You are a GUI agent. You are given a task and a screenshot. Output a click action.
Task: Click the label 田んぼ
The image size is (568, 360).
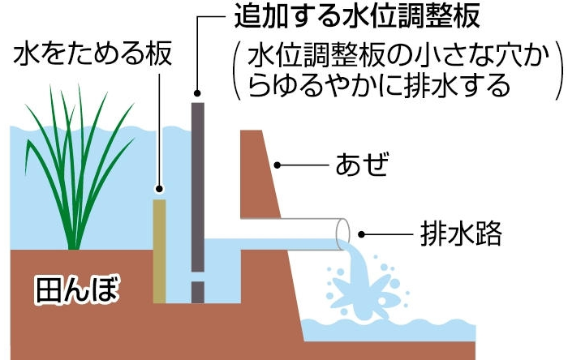pyautogui.click(x=77, y=289)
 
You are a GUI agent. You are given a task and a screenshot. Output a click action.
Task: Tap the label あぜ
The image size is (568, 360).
pyautogui.click(x=362, y=165)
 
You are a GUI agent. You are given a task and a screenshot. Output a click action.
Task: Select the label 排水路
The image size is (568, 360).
pyautogui.click(x=461, y=234)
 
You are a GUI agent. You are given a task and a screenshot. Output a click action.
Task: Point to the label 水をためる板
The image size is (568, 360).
pyautogui.click(x=93, y=54)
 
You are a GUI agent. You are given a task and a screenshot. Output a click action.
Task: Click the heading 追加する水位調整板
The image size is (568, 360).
pyautogui.click(x=357, y=15)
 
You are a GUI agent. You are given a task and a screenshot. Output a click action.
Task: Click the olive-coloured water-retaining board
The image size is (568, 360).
pyautogui.click(x=159, y=251)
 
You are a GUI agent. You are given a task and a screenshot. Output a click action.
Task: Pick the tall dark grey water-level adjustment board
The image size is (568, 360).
pyautogui.click(x=198, y=187)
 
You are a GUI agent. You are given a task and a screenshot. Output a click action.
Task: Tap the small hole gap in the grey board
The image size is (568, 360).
pyautogui.click(x=198, y=276)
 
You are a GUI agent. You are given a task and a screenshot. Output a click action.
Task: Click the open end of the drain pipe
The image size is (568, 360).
pyautogui.click(x=342, y=234)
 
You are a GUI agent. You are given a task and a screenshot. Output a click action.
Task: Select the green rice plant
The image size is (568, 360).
pyautogui.click(x=78, y=167)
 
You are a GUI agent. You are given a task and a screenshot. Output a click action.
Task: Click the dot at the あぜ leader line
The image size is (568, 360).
pyautogui.click(x=278, y=165)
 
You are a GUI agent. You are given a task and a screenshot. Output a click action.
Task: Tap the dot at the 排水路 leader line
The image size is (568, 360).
pyautogui.click(x=361, y=234)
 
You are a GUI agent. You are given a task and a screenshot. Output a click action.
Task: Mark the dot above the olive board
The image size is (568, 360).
pyautogui.click(x=159, y=188)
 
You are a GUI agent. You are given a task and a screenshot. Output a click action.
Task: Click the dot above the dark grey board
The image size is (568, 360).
pyautogui.click(x=197, y=93)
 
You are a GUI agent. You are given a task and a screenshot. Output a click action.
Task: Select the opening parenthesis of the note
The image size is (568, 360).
pyautogui.click(x=237, y=71)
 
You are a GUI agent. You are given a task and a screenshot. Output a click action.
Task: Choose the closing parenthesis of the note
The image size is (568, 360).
pyautogui.click(x=559, y=71)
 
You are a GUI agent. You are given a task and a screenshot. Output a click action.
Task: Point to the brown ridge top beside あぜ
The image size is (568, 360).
pyautogui.click(x=251, y=131)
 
